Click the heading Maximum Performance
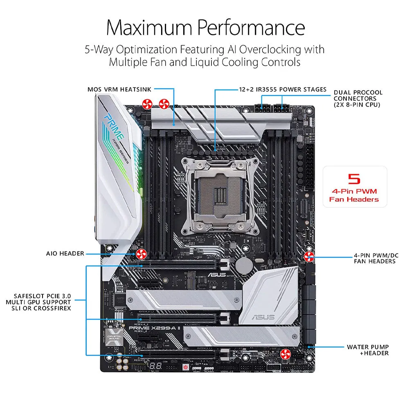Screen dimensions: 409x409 205,27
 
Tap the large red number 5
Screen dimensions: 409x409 354,179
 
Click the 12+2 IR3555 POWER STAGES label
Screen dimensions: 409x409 283,89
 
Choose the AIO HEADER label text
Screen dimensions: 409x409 65,254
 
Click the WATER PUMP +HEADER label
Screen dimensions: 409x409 368,350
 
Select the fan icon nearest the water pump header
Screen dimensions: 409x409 285,354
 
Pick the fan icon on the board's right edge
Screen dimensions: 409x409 309,257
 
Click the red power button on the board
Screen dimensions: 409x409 186,367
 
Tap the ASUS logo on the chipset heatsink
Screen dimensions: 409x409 261,316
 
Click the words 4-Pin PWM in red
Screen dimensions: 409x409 354,191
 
